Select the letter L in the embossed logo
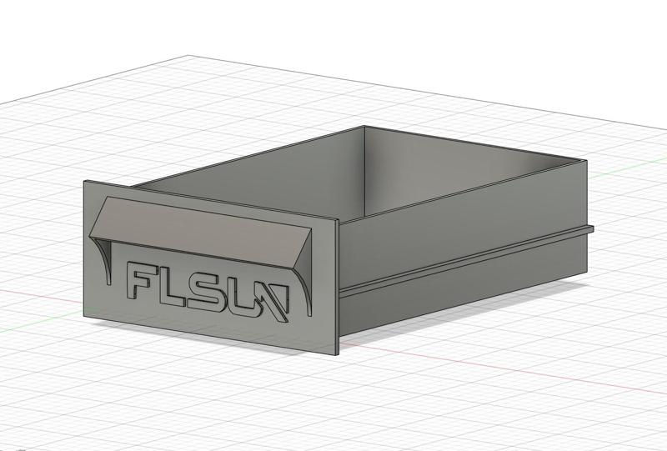[x=177, y=286]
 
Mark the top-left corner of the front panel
[x=84, y=182]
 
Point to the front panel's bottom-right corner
[x=339, y=353]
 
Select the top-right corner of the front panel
[x=339, y=220]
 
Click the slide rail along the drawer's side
[x=467, y=258]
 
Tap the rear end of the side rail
[x=590, y=228]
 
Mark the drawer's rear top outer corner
[x=586, y=161]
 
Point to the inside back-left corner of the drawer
[x=364, y=128]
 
